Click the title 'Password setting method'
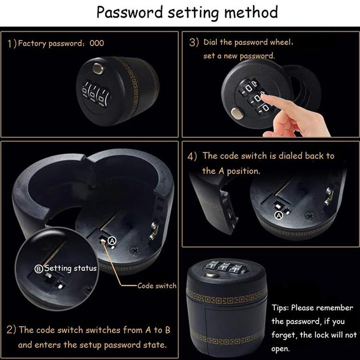click(x=187, y=12)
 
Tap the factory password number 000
click(x=96, y=43)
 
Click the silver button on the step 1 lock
click(x=98, y=69)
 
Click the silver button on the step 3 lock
click(x=237, y=113)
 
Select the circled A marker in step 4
click(x=279, y=216)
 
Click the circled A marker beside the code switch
click(x=112, y=240)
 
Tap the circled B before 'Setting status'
click(x=38, y=269)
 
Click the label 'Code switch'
click(x=157, y=286)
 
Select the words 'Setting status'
click(x=71, y=268)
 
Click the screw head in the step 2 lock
click(x=134, y=250)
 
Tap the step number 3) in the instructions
click(x=194, y=42)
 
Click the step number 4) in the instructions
click(x=192, y=156)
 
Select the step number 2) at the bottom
click(x=11, y=330)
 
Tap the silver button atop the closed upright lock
click(x=212, y=275)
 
